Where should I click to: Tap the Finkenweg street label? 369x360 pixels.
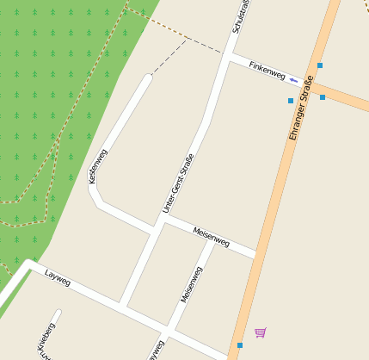click(x=267, y=70)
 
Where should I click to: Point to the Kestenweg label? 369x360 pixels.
click(x=97, y=165)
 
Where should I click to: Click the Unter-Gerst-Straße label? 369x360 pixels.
click(x=178, y=183)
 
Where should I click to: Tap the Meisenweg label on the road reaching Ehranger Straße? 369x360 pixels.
click(x=211, y=238)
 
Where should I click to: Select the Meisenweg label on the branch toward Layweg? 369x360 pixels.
click(x=191, y=284)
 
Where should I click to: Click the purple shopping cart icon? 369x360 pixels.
click(x=260, y=332)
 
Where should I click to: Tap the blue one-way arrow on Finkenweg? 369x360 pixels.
click(x=293, y=80)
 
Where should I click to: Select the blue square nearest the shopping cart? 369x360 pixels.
click(x=240, y=345)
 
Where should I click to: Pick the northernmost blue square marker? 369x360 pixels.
click(x=320, y=65)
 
